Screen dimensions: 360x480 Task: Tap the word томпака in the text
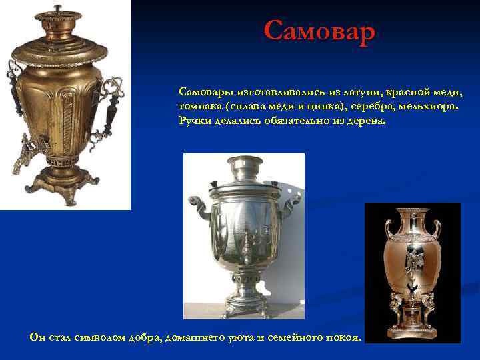[199, 107]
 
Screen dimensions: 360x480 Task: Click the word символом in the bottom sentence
[109, 337]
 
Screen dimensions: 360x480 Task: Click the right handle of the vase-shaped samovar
[437, 229]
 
